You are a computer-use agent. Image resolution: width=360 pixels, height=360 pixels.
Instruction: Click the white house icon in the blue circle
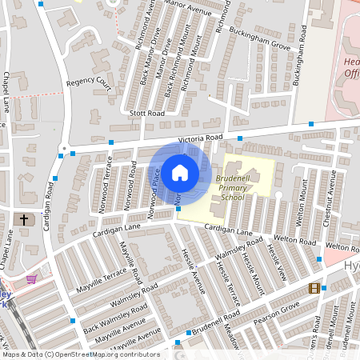coord(179,172)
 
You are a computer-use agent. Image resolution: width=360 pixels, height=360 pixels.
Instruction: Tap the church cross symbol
coord(24,218)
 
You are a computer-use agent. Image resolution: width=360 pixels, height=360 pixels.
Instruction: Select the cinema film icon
coord(314,288)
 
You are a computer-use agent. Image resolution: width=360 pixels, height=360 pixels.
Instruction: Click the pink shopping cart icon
coord(31,278)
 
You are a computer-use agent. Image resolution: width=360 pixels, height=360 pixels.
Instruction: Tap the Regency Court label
coord(89,82)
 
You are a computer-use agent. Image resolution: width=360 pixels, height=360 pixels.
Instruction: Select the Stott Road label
coord(148,114)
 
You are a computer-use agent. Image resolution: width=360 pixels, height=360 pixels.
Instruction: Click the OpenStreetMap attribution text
coord(81,354)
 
